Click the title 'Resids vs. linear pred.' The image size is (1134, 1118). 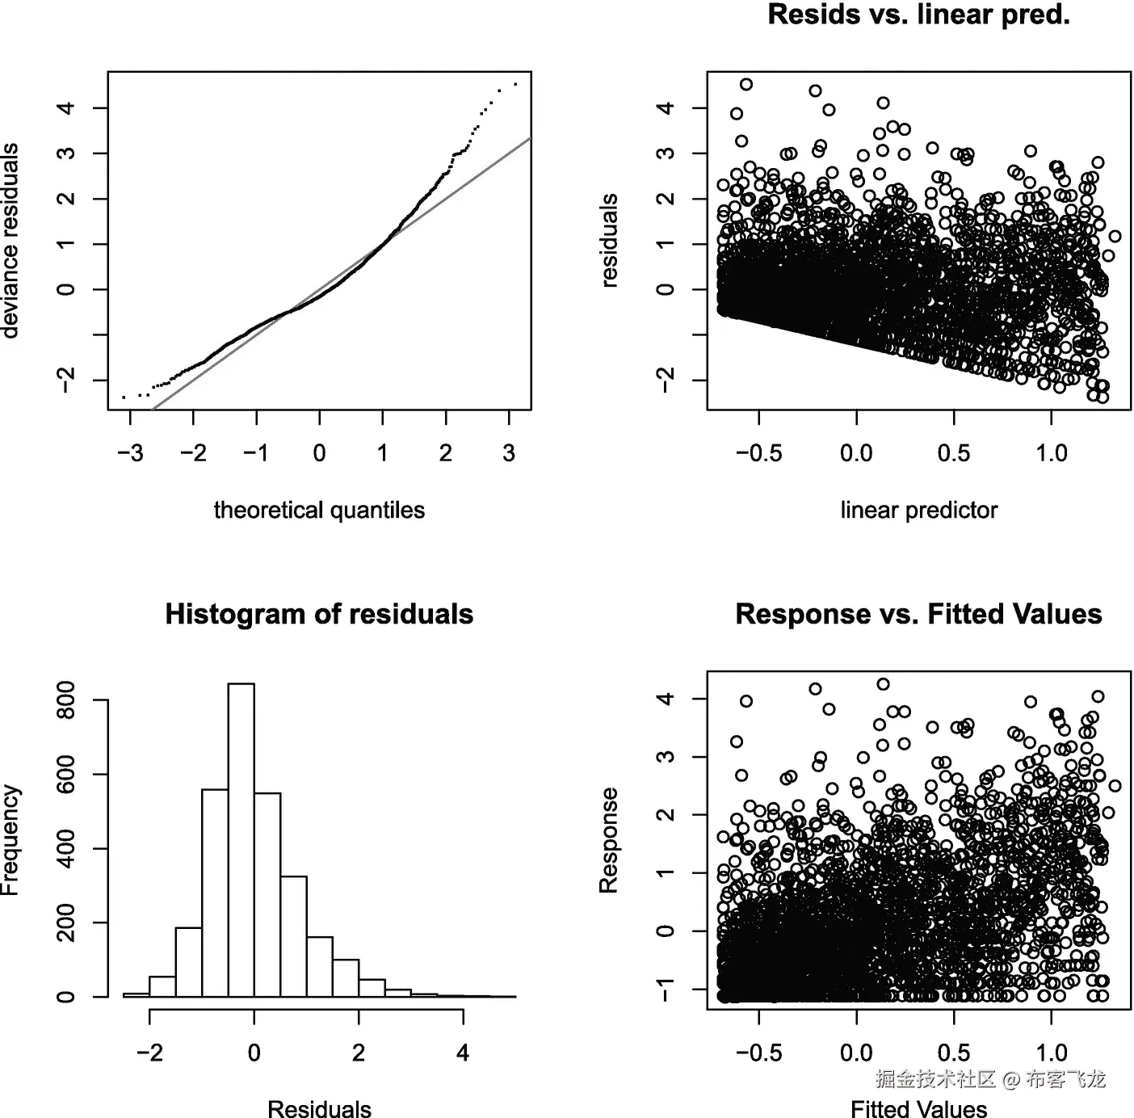coord(918,15)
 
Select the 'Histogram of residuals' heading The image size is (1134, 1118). coord(319,615)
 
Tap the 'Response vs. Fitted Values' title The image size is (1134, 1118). coord(918,615)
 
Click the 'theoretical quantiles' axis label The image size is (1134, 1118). coord(319,511)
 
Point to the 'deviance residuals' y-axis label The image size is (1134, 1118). coord(10,241)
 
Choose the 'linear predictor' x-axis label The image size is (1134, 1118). coord(918,511)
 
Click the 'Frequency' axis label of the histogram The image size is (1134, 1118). coord(10,840)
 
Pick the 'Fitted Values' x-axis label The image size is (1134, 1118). coord(918,1108)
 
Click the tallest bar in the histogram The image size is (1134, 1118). coord(241,840)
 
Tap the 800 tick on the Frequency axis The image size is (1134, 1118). coord(66,700)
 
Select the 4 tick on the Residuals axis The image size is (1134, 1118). coord(463,1053)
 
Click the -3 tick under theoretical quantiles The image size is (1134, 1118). coord(130,453)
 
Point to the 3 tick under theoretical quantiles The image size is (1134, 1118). coord(509,453)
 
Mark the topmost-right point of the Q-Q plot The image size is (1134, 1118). coord(515,84)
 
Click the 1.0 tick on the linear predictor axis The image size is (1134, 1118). coord(1052,453)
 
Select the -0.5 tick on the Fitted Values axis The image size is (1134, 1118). coord(759,1053)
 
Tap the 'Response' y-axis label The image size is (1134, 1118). coord(609,840)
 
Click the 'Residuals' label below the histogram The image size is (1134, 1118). coord(319,1108)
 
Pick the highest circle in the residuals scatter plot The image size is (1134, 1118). coord(746,84)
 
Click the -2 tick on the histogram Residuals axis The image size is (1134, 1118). coord(150,1053)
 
